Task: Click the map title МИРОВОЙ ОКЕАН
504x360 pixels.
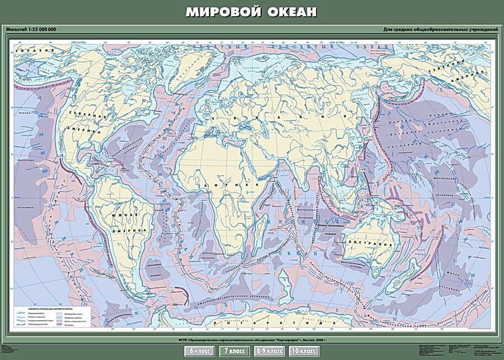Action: [x=251, y=12]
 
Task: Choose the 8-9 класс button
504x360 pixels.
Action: [x=268, y=351]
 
